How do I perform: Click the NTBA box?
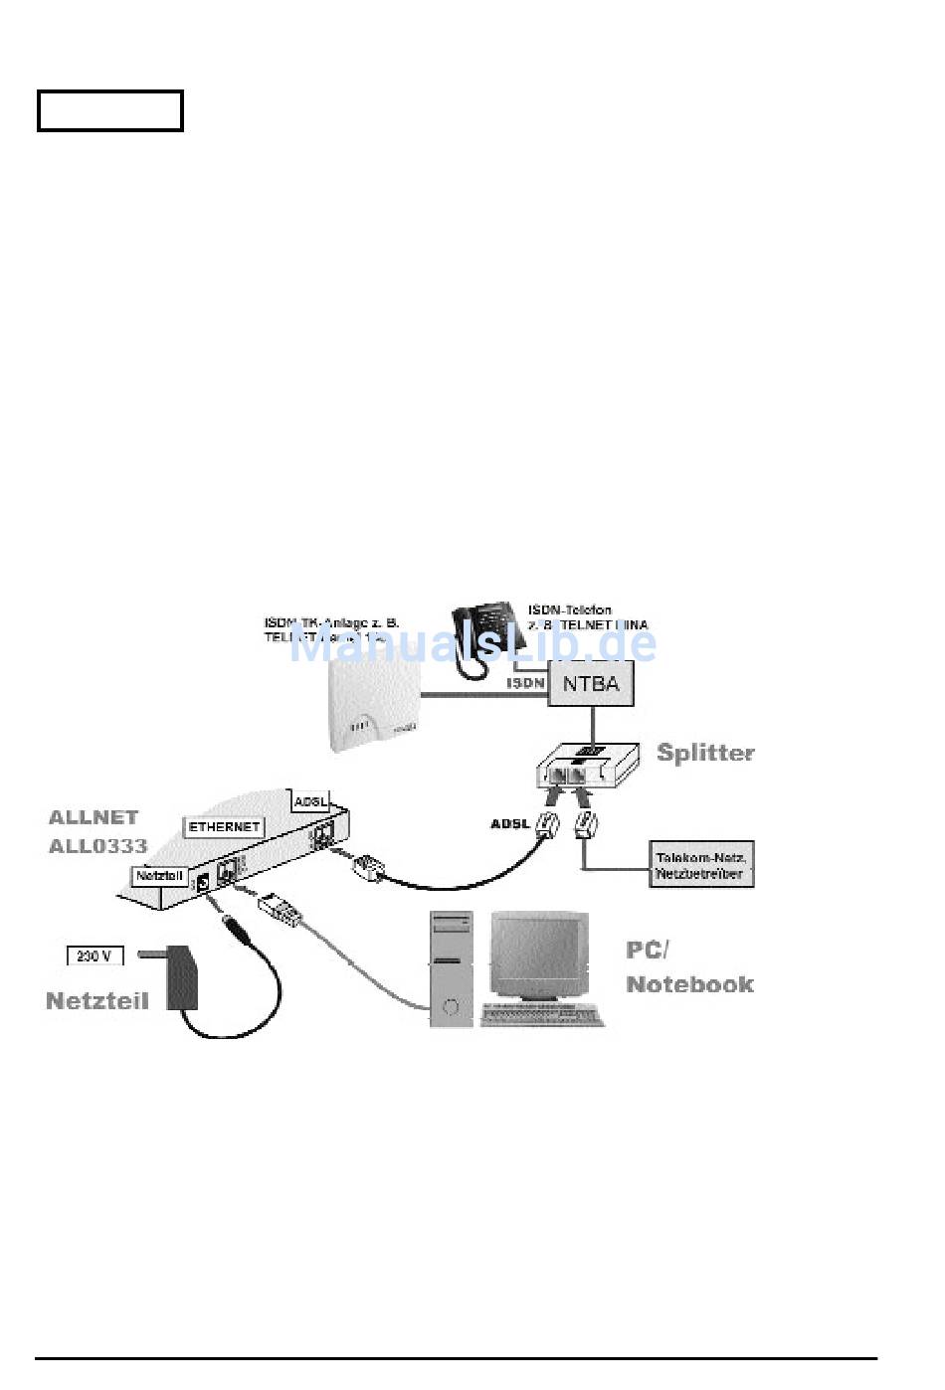pyautogui.click(x=591, y=684)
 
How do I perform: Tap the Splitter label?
pyautogui.click(x=705, y=753)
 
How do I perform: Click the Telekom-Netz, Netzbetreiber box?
pyautogui.click(x=700, y=864)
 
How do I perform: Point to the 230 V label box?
pyautogui.click(x=94, y=956)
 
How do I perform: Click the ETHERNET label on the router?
pyautogui.click(x=225, y=826)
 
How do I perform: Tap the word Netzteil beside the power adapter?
pyautogui.click(x=97, y=1000)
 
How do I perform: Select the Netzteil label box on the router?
pyautogui.click(x=159, y=875)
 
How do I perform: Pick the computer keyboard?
pyautogui.click(x=542, y=1015)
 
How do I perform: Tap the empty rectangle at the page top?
pyautogui.click(x=110, y=110)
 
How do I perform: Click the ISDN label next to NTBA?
pyautogui.click(x=525, y=683)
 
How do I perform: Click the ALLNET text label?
pyautogui.click(x=94, y=817)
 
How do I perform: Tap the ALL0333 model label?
pyautogui.click(x=97, y=846)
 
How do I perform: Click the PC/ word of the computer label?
pyautogui.click(x=647, y=950)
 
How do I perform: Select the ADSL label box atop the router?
pyautogui.click(x=311, y=801)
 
